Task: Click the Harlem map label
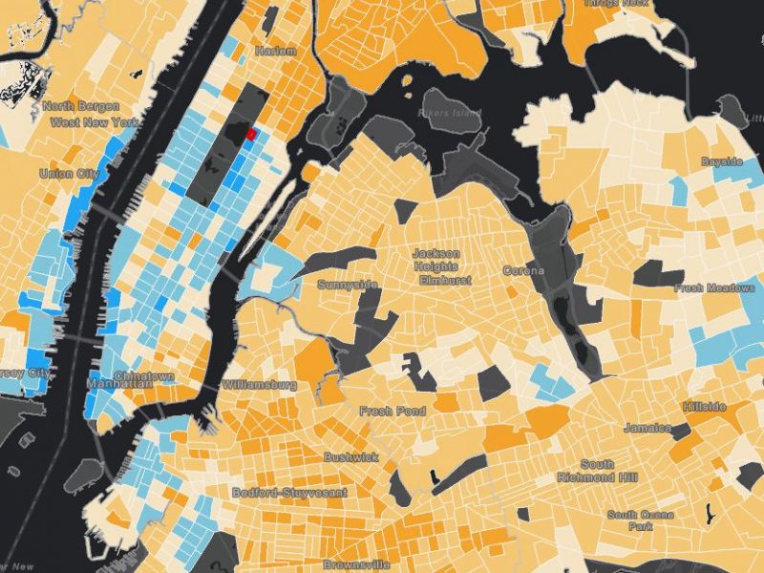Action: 276,51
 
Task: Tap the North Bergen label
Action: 72,107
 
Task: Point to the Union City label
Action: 69,174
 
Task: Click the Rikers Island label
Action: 450,114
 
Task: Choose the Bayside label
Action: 721,161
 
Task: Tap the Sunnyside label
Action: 348,286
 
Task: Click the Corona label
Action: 523,271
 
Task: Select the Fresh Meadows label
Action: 714,287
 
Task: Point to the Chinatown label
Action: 144,376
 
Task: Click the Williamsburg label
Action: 259,384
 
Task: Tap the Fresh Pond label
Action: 390,411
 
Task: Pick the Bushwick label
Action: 350,457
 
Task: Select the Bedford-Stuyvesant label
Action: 289,493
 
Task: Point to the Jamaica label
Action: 647,428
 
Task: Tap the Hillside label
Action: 705,407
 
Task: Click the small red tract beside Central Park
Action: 252,135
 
